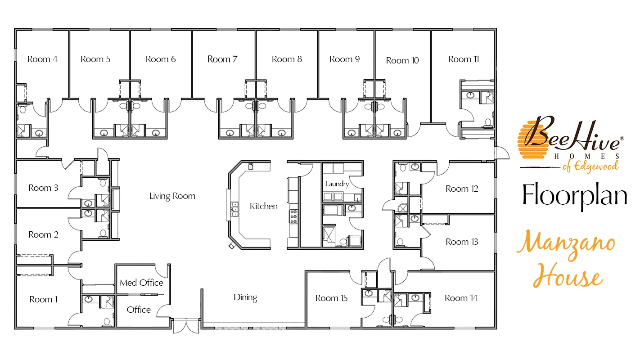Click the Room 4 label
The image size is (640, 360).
coord(42,59)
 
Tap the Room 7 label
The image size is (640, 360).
coord(222,59)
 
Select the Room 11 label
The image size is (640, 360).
coord(464,59)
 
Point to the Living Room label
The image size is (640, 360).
coord(172,196)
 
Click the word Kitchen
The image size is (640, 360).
coord(263,206)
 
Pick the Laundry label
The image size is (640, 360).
coord(337,184)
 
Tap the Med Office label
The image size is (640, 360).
coord(141,283)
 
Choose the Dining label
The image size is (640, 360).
coord(245,297)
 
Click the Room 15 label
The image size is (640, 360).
coord(331,298)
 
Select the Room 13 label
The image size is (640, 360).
coord(462,242)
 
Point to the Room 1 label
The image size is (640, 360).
coord(43,299)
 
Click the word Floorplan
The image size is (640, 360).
coord(575,196)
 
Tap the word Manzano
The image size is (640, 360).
coord(566,245)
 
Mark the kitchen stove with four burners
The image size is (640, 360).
coord(294,216)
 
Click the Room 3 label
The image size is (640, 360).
coord(43,188)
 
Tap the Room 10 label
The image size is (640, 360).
coord(402,60)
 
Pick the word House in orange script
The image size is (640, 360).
coord(568,275)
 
